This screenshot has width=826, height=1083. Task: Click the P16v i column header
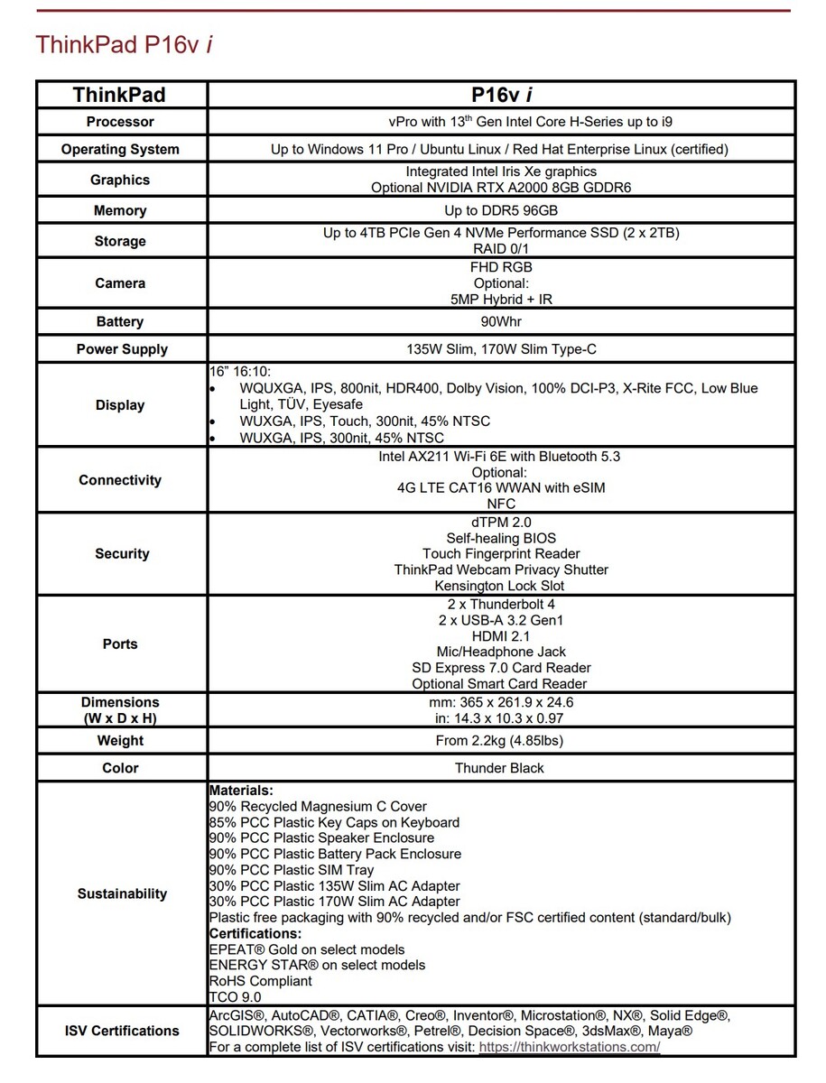(501, 95)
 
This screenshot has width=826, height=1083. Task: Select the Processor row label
(120, 122)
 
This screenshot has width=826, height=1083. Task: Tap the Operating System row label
(120, 150)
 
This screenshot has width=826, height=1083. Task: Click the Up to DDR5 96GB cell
(501, 211)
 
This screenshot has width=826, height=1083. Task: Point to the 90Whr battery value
(501, 322)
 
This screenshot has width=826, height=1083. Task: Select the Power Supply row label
(122, 349)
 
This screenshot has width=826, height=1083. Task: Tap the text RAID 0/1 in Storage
(501, 248)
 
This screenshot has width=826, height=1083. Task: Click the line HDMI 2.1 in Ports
(501, 636)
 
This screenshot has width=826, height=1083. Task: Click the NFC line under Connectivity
(501, 504)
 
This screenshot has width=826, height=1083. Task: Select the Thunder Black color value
(499, 768)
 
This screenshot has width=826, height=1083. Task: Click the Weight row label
(120, 741)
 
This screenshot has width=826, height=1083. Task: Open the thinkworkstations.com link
(569, 1047)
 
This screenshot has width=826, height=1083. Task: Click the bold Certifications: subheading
(255, 933)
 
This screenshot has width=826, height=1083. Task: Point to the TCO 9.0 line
(235, 997)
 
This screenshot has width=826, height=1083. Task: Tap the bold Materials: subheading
(241, 791)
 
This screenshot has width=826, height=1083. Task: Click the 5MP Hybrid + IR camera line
(501, 300)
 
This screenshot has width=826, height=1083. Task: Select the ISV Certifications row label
(122, 1031)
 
